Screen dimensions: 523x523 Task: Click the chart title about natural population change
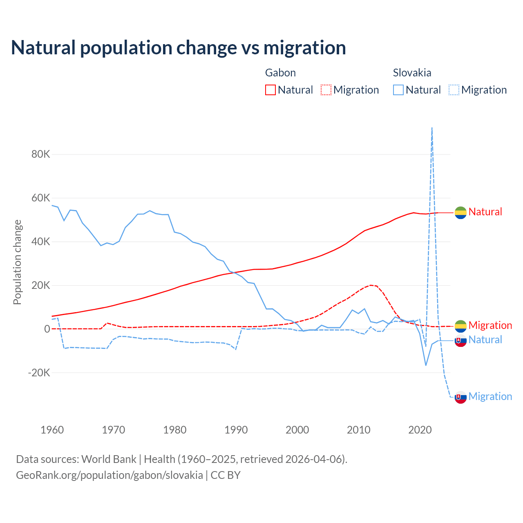179,48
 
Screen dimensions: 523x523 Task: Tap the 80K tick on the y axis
41,154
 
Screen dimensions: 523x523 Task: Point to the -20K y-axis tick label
39,373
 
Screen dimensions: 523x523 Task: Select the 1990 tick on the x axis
236,430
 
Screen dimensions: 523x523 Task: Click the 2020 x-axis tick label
420,430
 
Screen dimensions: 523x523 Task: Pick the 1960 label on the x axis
52,430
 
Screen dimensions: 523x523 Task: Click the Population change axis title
17,262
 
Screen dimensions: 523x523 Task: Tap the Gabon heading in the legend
280,73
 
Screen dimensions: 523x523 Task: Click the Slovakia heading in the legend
412,73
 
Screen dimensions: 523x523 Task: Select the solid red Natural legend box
270,90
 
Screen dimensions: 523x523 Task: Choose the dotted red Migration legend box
326,90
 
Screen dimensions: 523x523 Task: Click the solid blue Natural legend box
398,90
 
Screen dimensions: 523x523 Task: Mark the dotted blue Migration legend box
454,90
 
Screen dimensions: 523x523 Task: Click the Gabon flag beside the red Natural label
460,212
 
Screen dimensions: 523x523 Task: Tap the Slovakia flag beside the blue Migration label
460,397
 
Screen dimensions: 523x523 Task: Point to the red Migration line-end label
490,325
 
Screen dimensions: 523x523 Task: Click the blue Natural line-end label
485,340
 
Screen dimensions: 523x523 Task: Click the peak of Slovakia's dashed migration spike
432,128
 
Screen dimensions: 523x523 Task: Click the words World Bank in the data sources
109,459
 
